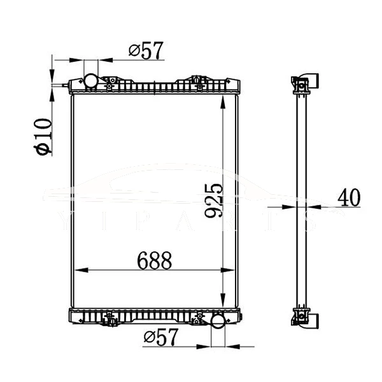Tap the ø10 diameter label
[x=44, y=136]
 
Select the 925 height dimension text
[x=215, y=201]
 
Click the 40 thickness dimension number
[x=348, y=197]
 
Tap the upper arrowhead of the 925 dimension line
[x=222, y=102]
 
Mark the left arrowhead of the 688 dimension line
[x=80, y=270]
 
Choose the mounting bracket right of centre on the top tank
[x=197, y=81]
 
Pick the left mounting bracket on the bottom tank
[x=112, y=317]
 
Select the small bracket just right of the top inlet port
[x=109, y=82]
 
